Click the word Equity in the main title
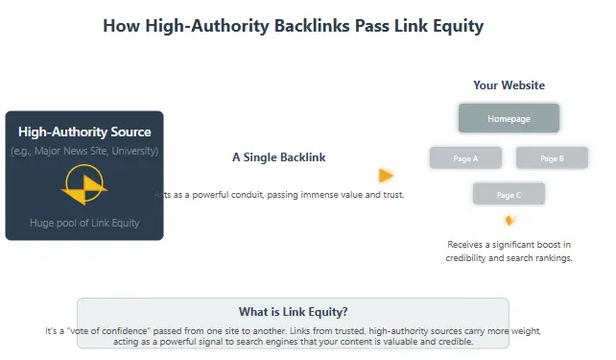456,26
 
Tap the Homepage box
509,118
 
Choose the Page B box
552,157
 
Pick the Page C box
509,195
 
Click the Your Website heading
509,85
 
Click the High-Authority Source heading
84,132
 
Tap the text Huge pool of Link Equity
84,223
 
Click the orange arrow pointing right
386,176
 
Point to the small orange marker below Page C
509,220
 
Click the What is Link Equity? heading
293,311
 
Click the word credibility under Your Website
471,258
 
